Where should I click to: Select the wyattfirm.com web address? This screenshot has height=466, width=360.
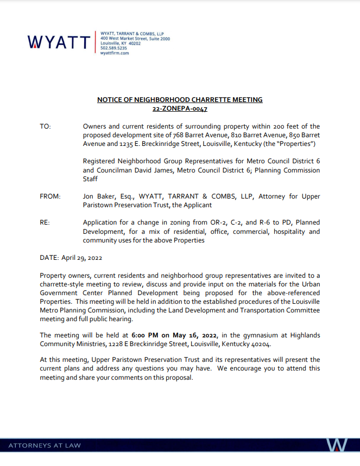[x=115, y=53]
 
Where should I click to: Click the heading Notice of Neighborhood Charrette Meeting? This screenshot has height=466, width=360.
[x=180, y=100]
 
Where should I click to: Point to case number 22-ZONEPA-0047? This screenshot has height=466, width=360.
[x=180, y=109]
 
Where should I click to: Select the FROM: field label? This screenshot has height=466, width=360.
[x=50, y=196]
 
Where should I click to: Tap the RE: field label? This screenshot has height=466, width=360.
[x=45, y=223]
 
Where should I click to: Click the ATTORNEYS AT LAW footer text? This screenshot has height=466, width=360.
[x=45, y=445]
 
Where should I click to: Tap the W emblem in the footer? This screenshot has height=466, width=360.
[x=337, y=445]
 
